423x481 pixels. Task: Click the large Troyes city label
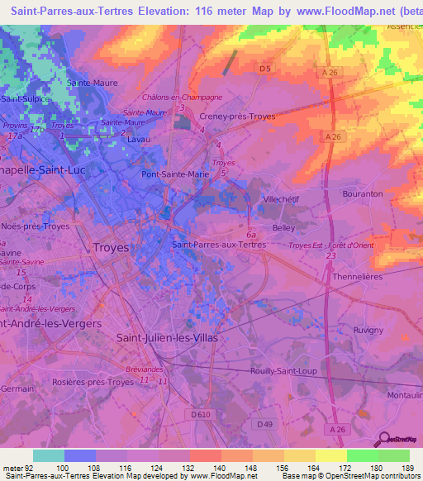(x=112, y=246)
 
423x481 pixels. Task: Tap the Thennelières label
(x=359, y=278)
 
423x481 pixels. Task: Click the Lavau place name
(x=139, y=140)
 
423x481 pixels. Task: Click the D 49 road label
(x=264, y=425)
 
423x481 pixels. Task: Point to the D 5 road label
(x=264, y=69)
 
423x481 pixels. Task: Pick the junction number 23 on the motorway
(x=330, y=257)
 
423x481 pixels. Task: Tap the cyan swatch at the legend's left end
(x=48, y=455)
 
